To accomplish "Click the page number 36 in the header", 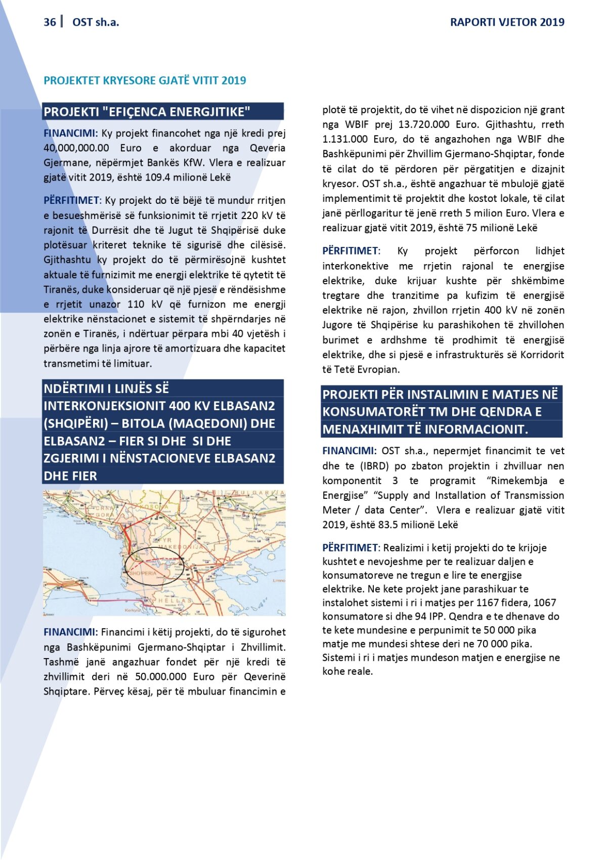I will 50,22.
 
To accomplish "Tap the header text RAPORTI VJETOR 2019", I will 507,22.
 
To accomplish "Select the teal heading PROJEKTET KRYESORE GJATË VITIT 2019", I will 145,80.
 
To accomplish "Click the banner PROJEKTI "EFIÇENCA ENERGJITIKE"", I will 147,112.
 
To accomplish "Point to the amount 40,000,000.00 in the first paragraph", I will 76,148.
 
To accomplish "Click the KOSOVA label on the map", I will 155,507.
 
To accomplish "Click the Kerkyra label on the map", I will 133,611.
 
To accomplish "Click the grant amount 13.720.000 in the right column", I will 424,124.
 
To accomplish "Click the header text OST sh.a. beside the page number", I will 96,22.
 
